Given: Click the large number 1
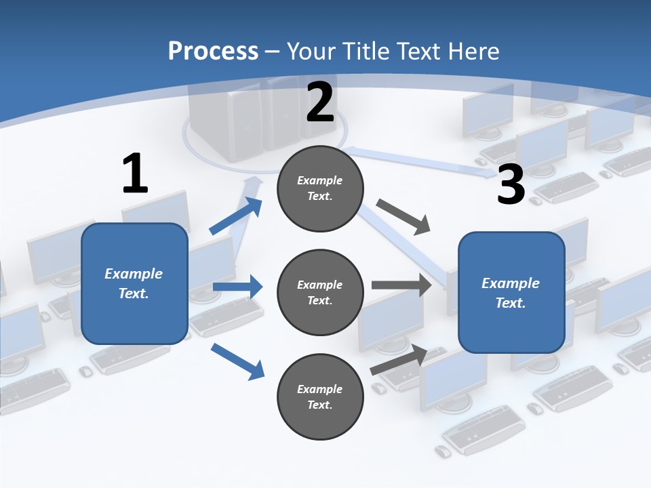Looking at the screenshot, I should [x=135, y=174].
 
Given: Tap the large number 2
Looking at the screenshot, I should [x=320, y=103].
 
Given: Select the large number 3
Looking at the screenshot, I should [x=511, y=184].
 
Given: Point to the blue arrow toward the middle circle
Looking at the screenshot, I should [x=237, y=287].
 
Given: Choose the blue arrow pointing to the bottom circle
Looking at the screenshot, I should [x=237, y=361].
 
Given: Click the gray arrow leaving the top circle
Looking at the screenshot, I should [x=403, y=217].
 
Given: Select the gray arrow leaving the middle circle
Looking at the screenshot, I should [x=401, y=285].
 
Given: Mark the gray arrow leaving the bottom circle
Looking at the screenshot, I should [x=399, y=360].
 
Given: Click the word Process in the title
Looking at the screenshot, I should [x=213, y=51].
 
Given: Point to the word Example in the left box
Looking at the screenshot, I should [x=134, y=274].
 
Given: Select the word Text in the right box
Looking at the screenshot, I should [x=510, y=303].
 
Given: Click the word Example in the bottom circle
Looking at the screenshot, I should [x=320, y=389].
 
